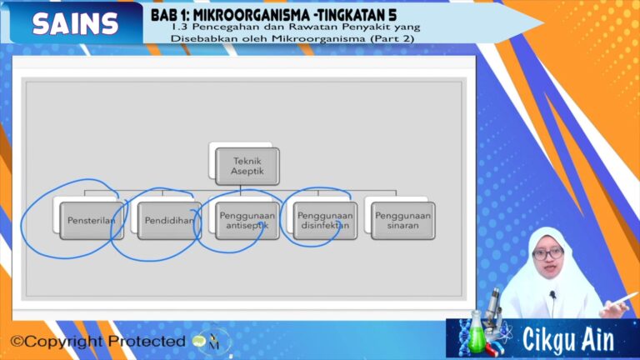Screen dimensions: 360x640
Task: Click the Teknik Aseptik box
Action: [247, 166]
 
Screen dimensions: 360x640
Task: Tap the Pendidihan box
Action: [169, 221]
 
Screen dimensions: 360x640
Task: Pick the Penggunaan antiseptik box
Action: [247, 221]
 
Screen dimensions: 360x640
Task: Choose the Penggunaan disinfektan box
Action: [325, 221]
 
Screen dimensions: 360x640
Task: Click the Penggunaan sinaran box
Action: [402, 221]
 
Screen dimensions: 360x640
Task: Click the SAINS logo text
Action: [75, 24]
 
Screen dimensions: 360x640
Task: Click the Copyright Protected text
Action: [97, 342]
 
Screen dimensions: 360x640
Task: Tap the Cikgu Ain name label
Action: [568, 340]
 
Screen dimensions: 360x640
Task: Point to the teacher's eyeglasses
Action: [548, 252]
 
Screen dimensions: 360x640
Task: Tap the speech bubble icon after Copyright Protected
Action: [198, 341]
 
